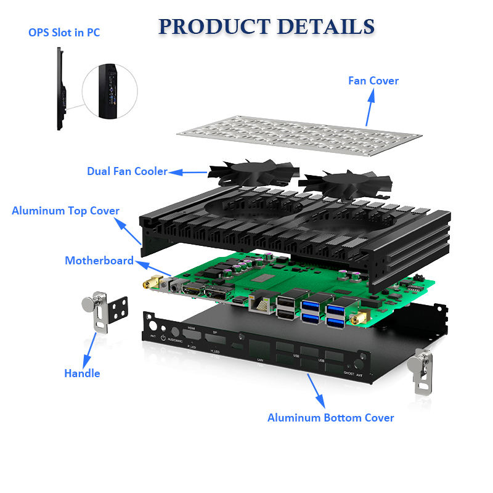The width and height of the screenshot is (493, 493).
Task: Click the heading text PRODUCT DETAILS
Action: coord(266,26)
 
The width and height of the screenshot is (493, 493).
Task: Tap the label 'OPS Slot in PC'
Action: coord(64,33)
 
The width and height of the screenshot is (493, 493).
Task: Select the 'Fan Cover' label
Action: coord(373,81)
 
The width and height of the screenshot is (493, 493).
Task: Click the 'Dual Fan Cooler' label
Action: coord(127,171)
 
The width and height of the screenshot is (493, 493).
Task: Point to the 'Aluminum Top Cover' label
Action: coord(65,211)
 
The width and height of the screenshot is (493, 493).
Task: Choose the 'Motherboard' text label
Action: coord(99,261)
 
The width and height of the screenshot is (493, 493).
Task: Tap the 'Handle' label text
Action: coord(82,373)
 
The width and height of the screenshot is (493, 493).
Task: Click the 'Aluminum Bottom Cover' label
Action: coord(330,418)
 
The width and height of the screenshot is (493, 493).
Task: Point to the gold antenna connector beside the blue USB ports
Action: coord(356,320)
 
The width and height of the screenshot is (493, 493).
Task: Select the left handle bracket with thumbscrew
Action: coord(104,310)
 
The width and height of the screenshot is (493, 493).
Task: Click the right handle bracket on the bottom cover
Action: coord(424,369)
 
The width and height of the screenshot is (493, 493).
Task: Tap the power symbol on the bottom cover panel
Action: coord(163,338)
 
